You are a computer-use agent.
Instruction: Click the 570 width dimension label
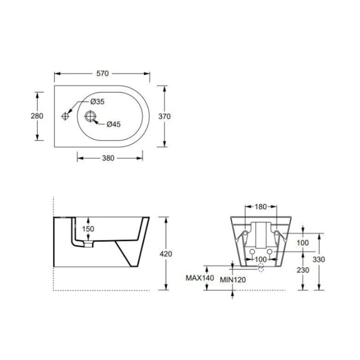102,74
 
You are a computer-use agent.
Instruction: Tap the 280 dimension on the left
37,116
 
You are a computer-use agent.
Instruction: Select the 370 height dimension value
164,116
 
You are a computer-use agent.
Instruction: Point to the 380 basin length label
108,158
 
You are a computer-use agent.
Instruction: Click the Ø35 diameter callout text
97,101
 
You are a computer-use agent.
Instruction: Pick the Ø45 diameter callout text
114,124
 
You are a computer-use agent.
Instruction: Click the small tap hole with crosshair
65,116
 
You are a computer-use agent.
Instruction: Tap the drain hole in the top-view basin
90,116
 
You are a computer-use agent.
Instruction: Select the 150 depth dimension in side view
88,229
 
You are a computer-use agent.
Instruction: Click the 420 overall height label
166,254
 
